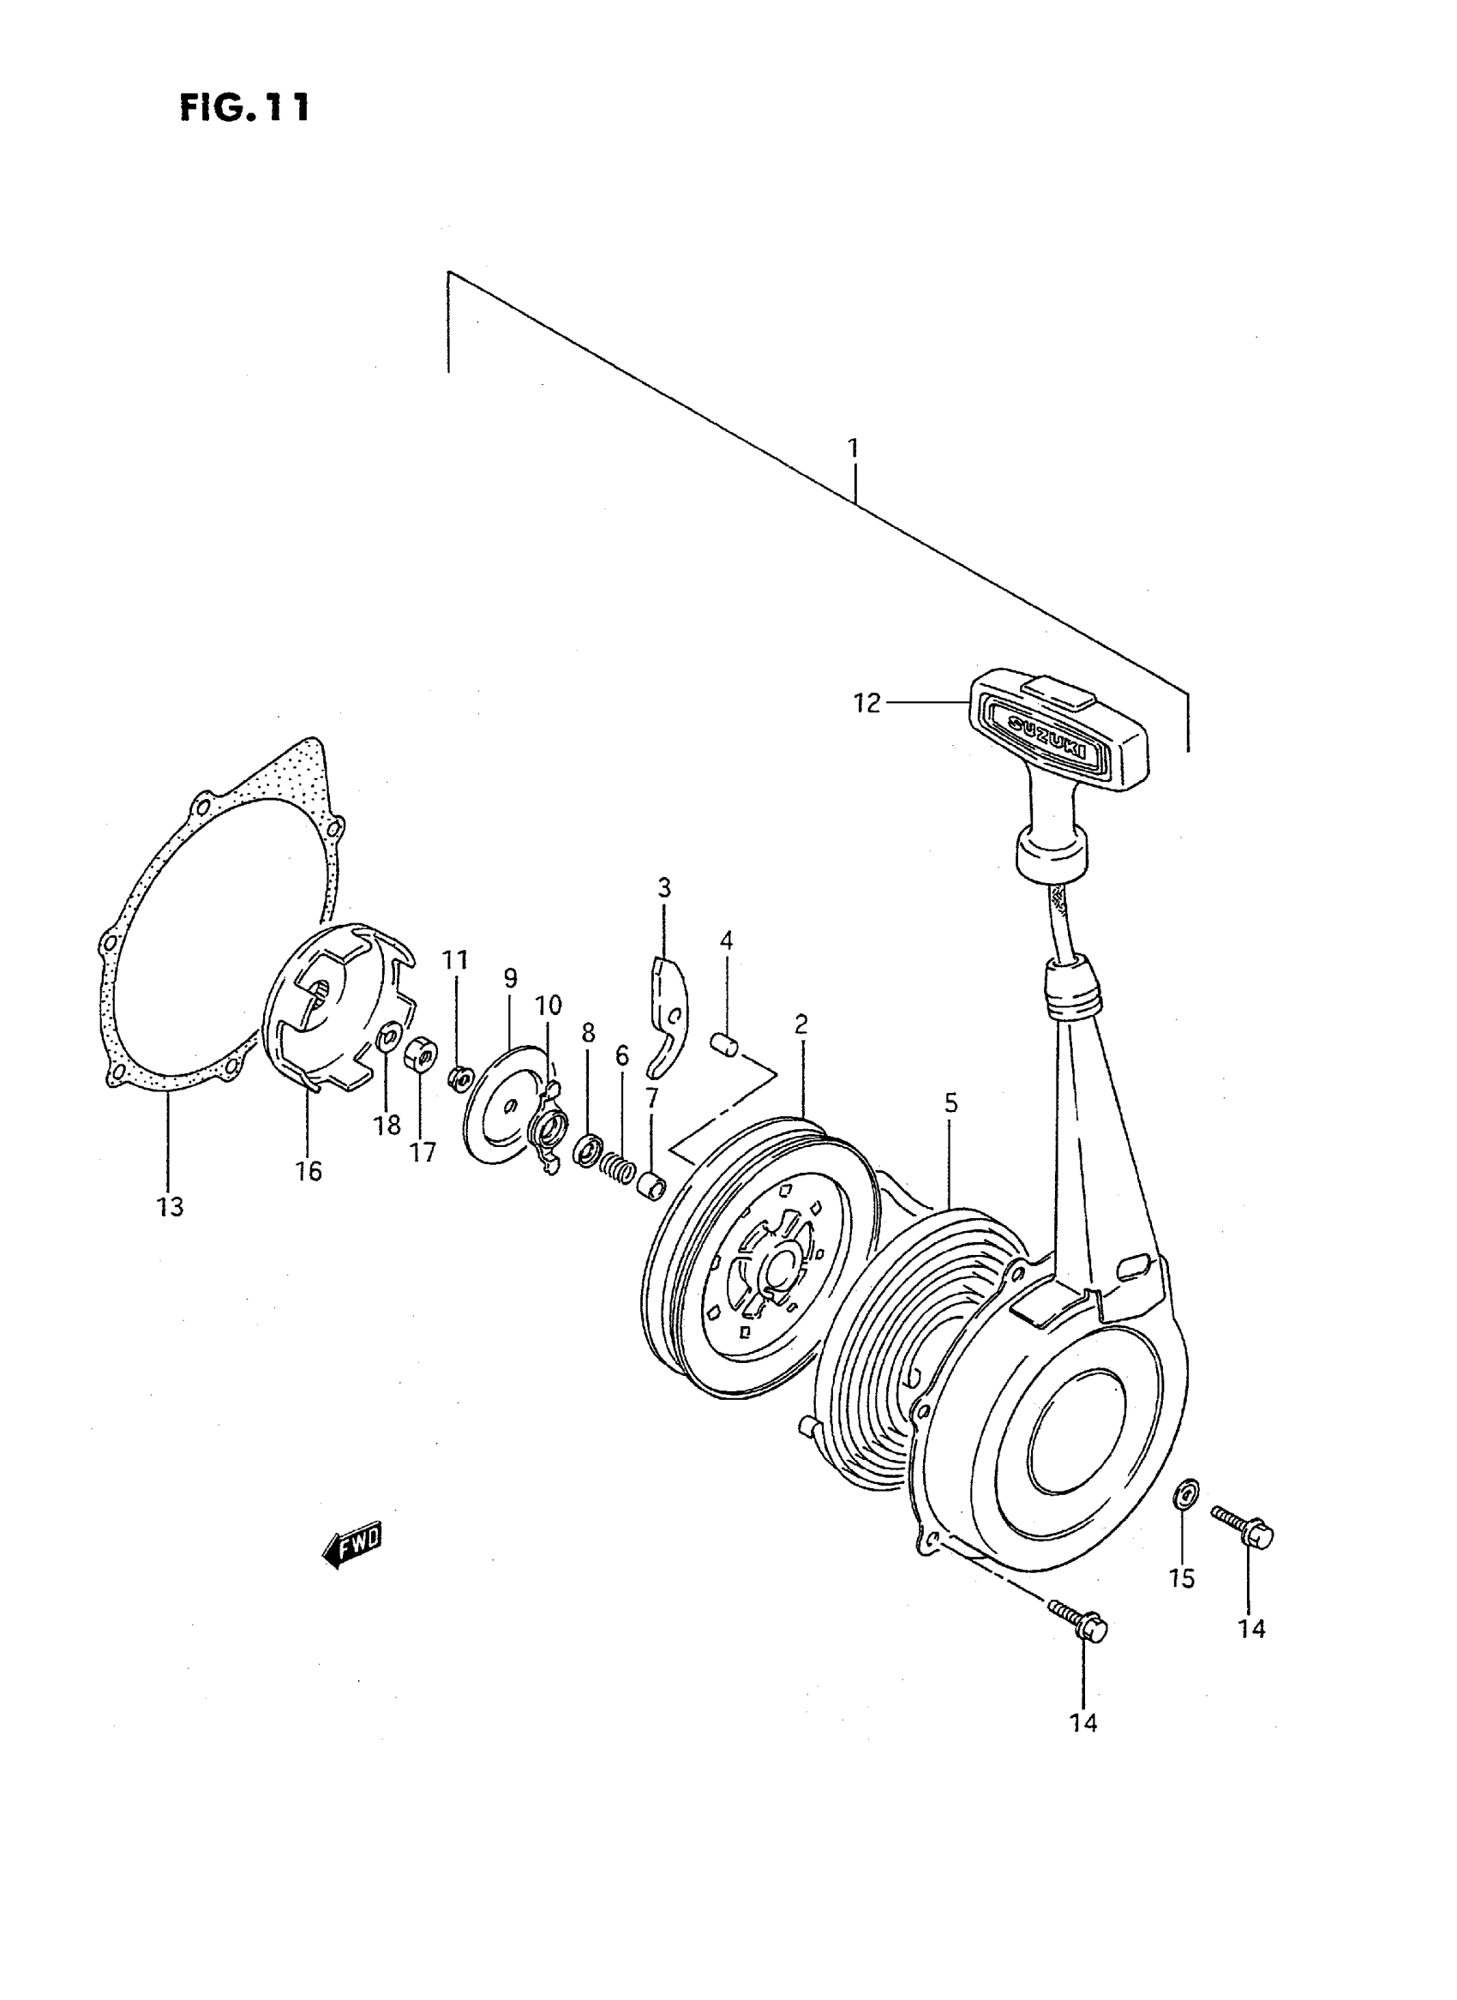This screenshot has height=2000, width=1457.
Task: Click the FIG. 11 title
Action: click(244, 108)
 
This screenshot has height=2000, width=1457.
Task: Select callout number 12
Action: click(866, 703)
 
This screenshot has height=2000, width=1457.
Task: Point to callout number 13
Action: click(171, 1206)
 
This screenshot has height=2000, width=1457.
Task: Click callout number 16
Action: click(309, 1171)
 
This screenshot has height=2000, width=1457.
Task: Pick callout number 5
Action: click(950, 1102)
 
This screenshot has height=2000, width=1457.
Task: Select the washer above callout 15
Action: click(1186, 1493)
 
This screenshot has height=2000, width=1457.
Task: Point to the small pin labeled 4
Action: click(723, 1043)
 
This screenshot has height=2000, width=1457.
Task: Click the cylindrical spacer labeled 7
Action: click(651, 1184)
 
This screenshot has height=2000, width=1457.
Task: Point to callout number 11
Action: click(455, 960)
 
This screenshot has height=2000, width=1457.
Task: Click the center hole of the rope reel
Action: click(780, 1269)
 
